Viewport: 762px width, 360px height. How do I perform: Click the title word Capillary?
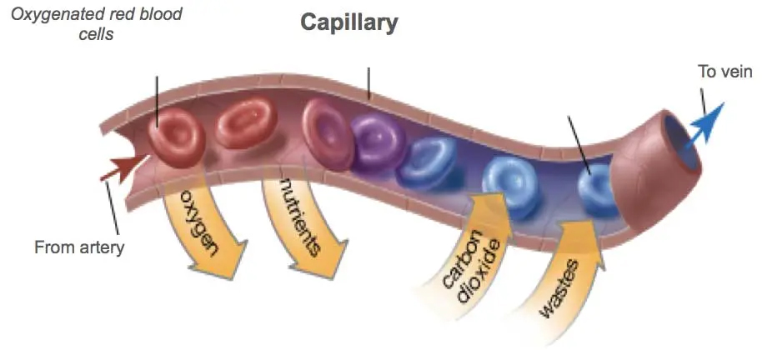349,22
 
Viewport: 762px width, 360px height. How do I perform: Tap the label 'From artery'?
79,247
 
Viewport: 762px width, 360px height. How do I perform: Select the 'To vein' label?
724,72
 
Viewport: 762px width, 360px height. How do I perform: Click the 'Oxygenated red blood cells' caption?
96,24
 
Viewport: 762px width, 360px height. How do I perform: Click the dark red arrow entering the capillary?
124,167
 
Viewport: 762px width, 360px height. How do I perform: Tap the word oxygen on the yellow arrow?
200,222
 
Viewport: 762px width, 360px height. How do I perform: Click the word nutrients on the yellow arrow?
301,217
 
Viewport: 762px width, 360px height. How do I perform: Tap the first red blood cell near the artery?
177,137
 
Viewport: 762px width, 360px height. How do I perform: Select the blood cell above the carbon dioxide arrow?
510,183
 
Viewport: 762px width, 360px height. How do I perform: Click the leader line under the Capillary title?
368,83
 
